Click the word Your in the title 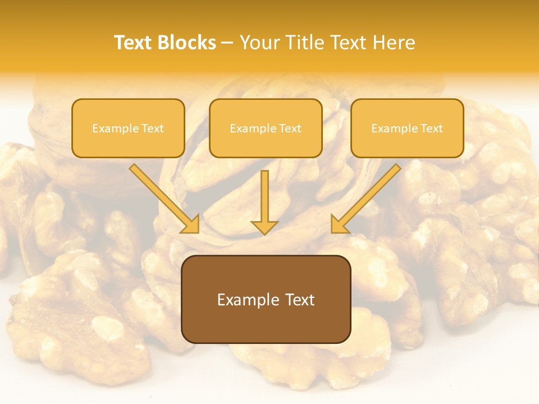coord(261,43)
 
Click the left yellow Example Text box coord(128,128)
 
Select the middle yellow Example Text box coord(266,128)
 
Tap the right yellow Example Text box coord(407,128)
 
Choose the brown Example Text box coord(266,299)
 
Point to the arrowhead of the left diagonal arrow coord(191,224)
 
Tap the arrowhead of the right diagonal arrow coord(339,224)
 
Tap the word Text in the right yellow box coord(432,128)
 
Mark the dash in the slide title coord(227,43)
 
